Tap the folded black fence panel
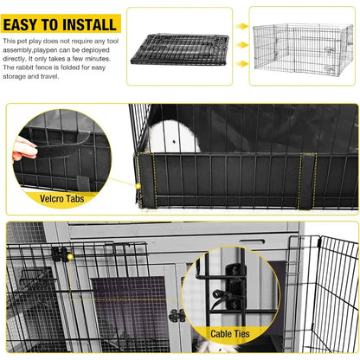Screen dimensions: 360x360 click(179, 42)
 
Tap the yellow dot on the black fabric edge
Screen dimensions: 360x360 click(138, 185)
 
